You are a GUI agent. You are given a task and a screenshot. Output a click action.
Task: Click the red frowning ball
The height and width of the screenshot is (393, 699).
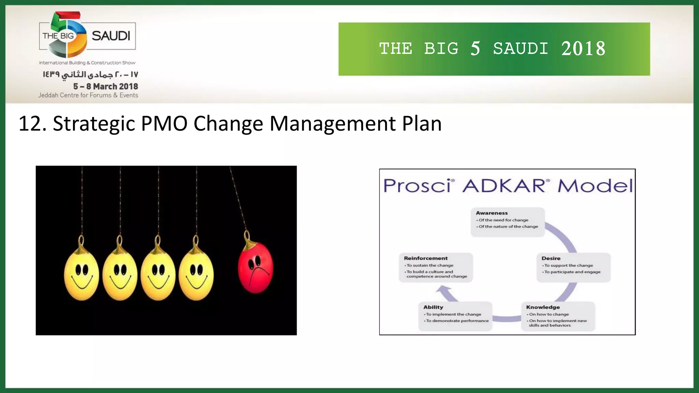(x=256, y=267)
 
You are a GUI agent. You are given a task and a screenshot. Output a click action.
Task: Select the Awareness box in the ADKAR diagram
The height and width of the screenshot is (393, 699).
(x=508, y=222)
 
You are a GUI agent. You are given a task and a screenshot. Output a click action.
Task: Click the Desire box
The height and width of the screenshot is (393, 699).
(x=573, y=267)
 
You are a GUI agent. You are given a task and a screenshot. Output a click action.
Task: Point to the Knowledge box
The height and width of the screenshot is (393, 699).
(x=558, y=316)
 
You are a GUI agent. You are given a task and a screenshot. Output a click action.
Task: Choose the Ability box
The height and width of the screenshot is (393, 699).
(x=455, y=316)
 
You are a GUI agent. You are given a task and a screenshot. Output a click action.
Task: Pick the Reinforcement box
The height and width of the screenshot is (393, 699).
(x=436, y=267)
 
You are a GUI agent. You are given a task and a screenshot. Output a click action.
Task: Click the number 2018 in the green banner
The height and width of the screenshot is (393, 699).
(x=583, y=49)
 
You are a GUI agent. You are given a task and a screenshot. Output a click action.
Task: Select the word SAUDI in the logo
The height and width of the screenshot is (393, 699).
(x=111, y=36)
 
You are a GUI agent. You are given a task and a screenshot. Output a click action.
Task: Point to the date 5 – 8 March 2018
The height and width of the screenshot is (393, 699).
(x=105, y=86)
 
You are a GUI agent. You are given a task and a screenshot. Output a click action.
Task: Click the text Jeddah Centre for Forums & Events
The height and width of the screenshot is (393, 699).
(x=88, y=95)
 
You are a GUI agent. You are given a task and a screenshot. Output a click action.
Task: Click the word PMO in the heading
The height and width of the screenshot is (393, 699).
(x=164, y=123)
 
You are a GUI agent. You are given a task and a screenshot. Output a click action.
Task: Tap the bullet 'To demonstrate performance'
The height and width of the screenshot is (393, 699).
(x=457, y=321)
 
